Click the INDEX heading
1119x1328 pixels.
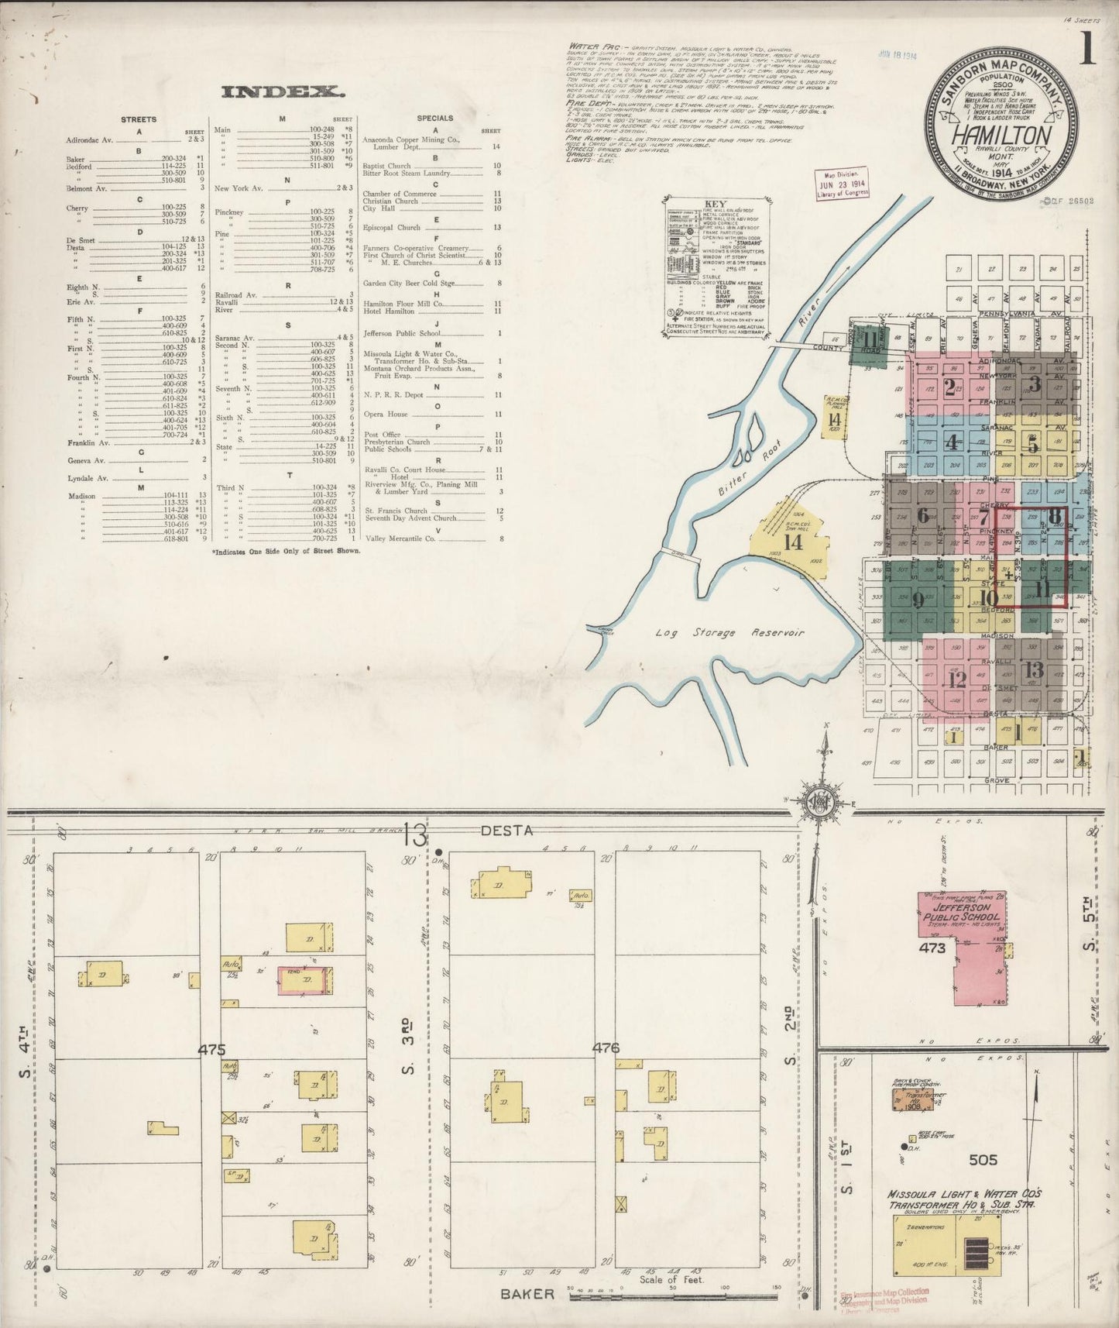point(283,92)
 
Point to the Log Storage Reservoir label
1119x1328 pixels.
point(730,632)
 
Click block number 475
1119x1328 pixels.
point(211,1050)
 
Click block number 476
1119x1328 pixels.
point(606,1048)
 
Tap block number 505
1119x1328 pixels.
point(983,1160)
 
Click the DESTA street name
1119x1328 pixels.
point(506,831)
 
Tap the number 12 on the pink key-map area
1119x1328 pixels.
point(957,679)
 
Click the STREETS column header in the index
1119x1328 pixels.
point(139,119)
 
